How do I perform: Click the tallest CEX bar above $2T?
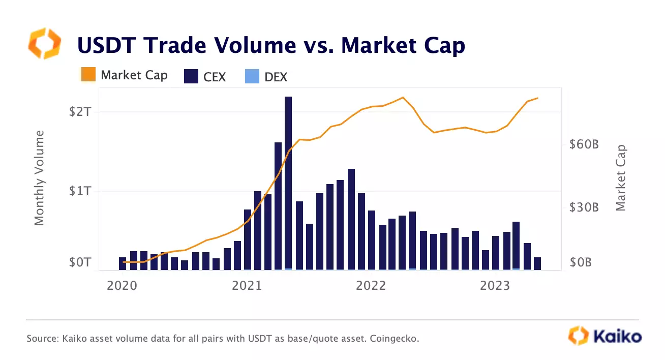point(288,183)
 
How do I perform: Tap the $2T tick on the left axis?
point(80,112)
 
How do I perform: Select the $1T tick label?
point(80,192)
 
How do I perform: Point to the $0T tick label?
point(80,262)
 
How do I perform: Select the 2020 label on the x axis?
point(122,286)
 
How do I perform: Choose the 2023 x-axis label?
point(496,286)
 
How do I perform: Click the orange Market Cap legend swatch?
point(88,75)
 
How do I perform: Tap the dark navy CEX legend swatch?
point(190,76)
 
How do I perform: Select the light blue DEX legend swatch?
point(252,76)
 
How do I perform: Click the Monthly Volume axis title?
point(40,178)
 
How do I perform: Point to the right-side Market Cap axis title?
point(620,178)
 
